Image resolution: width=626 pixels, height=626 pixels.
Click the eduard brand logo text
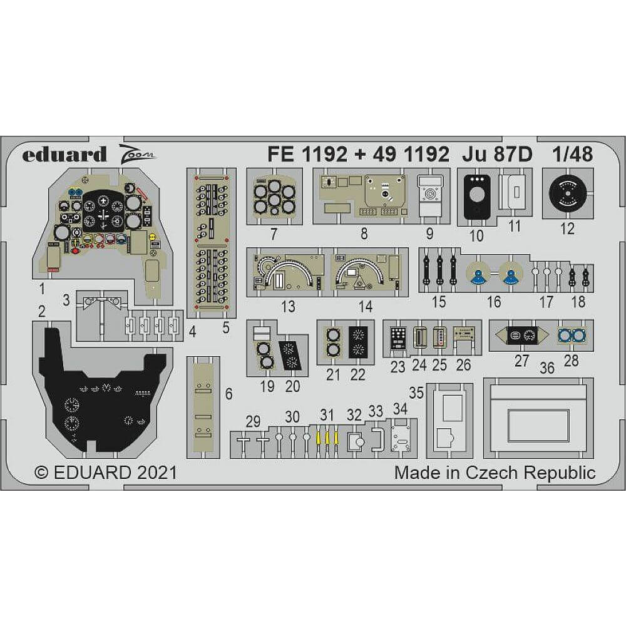point(64,154)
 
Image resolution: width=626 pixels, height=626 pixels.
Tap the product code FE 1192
point(306,154)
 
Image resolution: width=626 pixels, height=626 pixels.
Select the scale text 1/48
point(573,154)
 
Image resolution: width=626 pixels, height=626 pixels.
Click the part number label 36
point(546,369)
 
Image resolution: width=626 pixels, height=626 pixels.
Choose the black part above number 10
point(477,197)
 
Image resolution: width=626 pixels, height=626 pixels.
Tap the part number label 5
point(225,327)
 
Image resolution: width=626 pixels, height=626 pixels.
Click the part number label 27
point(521,361)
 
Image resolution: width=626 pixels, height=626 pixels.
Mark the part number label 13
point(289,307)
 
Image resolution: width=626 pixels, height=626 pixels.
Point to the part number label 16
point(493,302)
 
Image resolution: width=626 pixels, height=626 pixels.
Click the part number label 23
point(398,367)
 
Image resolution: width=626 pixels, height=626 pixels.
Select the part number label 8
point(364,234)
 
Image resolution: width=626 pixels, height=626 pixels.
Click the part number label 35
point(416,393)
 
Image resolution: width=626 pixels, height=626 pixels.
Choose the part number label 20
point(292,386)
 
